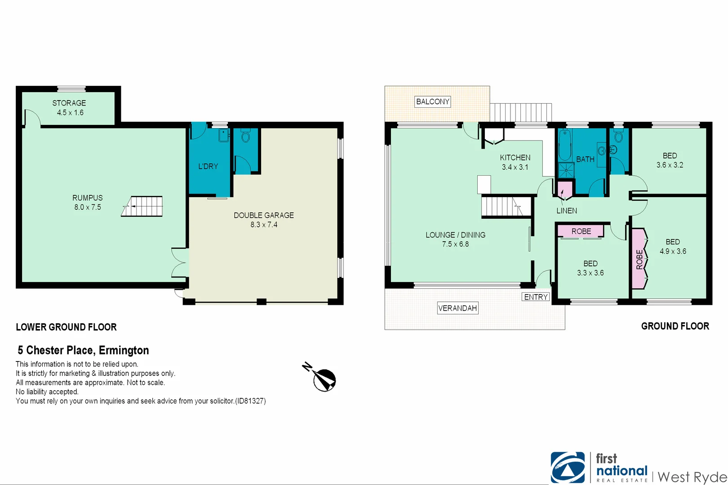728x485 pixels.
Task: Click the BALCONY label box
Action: tap(432, 101)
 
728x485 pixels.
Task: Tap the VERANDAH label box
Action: tap(457, 308)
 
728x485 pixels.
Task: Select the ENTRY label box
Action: tap(536, 297)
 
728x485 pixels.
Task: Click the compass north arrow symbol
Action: tap(324, 379)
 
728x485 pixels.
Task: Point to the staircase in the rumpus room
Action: tap(142, 207)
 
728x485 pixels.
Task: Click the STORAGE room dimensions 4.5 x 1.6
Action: tap(70, 113)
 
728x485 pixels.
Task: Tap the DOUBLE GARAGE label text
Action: tap(264, 215)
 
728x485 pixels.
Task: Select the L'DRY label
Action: tap(208, 166)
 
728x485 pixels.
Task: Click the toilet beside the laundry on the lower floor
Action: tap(245, 136)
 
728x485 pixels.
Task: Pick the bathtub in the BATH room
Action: tap(565, 145)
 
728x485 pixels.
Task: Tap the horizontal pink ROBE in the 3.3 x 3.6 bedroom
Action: tap(581, 231)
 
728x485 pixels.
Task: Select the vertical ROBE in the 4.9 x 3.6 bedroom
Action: tap(639, 259)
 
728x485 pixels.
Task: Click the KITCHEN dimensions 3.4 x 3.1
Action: tap(515, 167)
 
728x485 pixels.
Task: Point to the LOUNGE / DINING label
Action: tap(455, 235)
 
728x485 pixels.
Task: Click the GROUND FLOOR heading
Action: tap(675, 326)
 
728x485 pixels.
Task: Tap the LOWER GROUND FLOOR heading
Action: tap(66, 327)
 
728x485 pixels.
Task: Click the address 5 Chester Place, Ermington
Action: tap(83, 350)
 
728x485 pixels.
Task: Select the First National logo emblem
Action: tap(568, 467)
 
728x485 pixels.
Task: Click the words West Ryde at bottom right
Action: tap(692, 477)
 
